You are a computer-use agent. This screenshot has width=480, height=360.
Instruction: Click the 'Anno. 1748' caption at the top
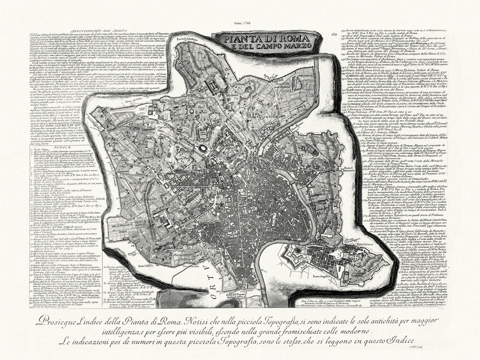[x=240, y=23]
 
